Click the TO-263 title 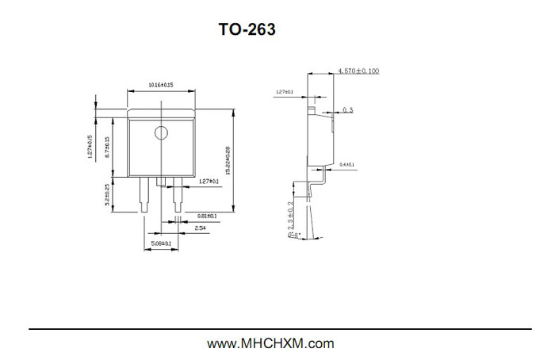point(247,30)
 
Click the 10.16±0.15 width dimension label point(161,85)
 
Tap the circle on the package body point(162,133)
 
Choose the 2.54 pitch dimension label point(201,228)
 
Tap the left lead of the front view point(144,195)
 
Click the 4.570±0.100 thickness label point(358,71)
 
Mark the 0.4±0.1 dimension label point(346,165)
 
